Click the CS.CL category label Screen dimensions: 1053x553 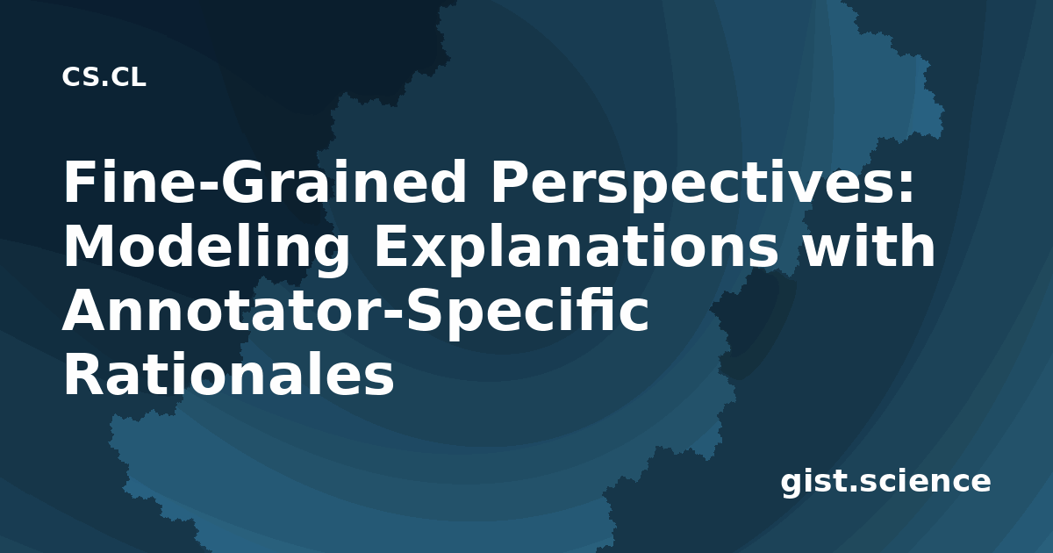tap(104, 77)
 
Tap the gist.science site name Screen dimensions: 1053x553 tap(885, 483)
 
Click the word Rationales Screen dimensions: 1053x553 tap(229, 374)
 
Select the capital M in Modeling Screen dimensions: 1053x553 tap(90, 246)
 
